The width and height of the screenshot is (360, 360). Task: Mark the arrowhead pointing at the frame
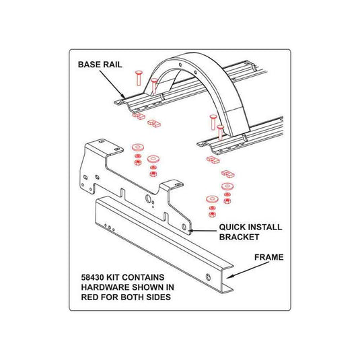pyautogui.click(x=229, y=276)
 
